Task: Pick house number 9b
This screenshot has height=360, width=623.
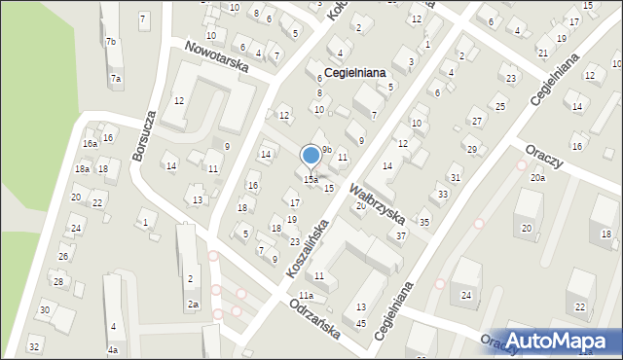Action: coord(327,149)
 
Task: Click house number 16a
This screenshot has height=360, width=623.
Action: coord(90,144)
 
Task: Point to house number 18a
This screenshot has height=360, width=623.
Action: coord(82,169)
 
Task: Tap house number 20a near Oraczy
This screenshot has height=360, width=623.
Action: coord(537,178)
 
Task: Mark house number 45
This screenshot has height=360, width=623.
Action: coord(361,323)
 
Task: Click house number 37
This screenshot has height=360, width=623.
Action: coord(400,236)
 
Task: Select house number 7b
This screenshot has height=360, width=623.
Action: coord(111,42)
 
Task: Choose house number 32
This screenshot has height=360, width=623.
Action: coord(34,346)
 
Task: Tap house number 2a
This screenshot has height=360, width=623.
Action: coord(193,305)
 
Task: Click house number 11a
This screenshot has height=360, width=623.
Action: coord(306,296)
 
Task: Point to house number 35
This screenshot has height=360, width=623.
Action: coord(424,223)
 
